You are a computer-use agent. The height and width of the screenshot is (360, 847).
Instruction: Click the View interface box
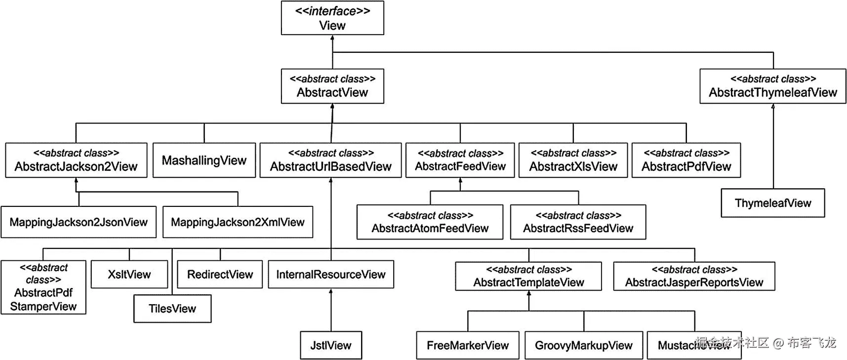pos(332,18)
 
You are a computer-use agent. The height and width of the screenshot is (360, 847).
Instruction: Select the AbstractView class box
pos(332,86)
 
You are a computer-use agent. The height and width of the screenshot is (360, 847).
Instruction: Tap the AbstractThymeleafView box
pos(773,86)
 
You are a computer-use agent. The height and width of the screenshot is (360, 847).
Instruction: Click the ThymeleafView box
pos(773,203)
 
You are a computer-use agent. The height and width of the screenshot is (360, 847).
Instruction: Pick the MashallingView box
pos(204,160)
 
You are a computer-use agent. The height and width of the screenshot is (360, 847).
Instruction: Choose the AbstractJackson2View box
pos(76,160)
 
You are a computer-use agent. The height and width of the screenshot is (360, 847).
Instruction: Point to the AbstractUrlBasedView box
pos(330,160)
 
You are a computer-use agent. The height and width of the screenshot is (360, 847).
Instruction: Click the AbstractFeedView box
pos(460,160)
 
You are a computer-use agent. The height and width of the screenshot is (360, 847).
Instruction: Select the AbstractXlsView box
pos(573,160)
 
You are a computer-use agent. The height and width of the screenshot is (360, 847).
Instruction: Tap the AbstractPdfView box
pos(686,160)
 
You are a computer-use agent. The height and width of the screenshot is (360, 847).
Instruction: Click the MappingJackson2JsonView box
pos(79,222)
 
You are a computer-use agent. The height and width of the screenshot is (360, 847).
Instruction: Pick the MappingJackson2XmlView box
pos(238,222)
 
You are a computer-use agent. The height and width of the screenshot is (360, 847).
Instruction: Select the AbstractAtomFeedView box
pos(430,222)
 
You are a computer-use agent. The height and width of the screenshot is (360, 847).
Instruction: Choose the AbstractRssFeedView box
pos(578,222)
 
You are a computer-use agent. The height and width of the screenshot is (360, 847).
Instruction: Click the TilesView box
pos(172,309)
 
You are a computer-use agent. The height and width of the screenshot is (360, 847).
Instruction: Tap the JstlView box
pos(331,345)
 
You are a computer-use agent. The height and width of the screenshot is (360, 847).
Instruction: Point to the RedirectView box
pos(220,275)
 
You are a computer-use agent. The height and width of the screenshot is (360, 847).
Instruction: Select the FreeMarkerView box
pos(468,345)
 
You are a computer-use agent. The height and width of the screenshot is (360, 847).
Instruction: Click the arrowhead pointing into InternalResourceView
pos(331,291)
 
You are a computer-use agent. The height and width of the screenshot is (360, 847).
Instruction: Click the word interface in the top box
pos(332,11)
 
